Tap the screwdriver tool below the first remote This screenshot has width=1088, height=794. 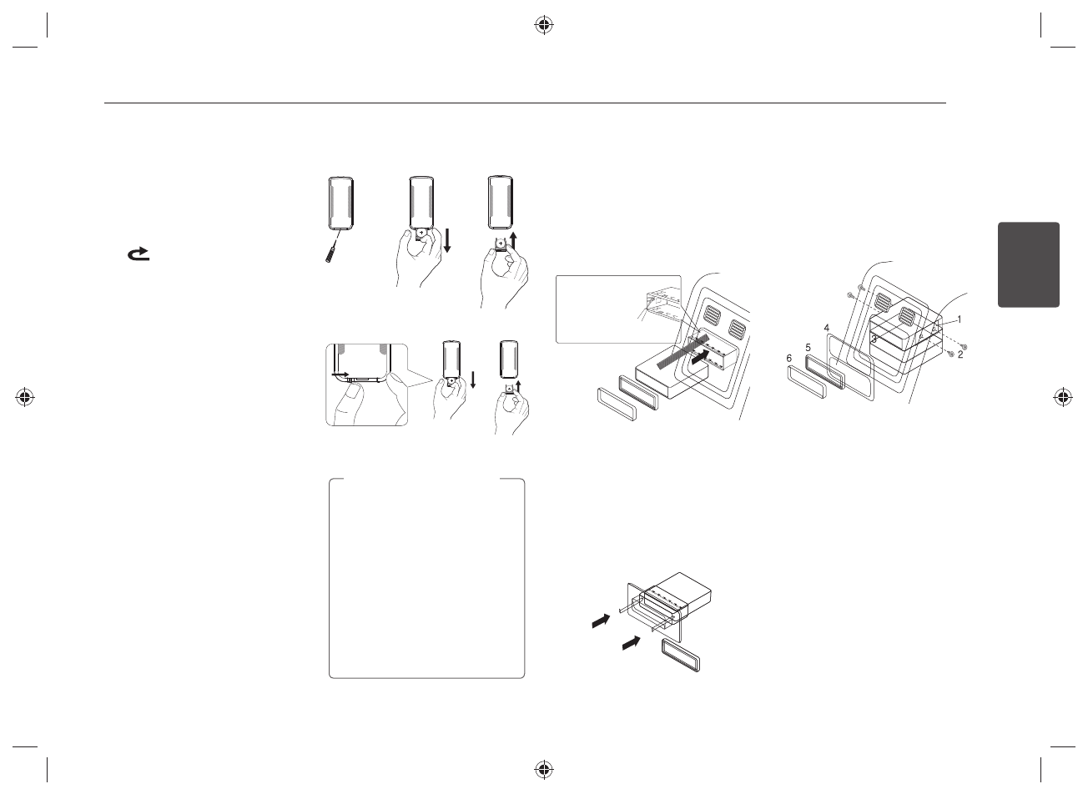[332, 251]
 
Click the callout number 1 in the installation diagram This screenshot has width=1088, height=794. [960, 319]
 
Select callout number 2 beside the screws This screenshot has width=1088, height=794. [960, 354]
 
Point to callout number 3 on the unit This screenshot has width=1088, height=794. [874, 339]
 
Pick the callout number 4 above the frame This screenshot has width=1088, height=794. [826, 329]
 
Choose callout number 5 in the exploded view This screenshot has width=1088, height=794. [808, 346]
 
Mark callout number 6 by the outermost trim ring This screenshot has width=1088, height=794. [790, 358]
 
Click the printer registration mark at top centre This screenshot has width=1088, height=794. [543, 25]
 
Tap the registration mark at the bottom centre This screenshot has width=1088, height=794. [543, 767]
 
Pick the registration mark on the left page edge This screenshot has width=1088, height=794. [25, 397]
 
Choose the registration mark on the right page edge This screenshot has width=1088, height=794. [1063, 397]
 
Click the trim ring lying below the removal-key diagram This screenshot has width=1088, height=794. [684, 655]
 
